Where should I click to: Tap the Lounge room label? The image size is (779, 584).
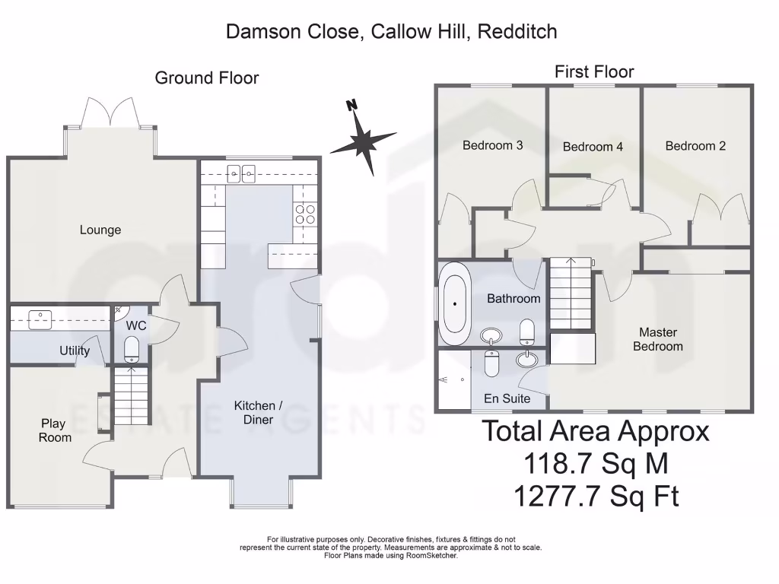pos(100,230)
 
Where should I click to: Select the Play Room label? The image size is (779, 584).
pos(53,430)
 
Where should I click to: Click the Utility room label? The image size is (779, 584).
pos(75,351)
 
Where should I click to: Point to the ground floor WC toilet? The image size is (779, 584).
pos(131,349)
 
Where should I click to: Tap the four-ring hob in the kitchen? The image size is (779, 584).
pos(305,214)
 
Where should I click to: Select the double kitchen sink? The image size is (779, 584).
pos(240,173)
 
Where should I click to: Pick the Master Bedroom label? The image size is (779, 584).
pos(658,339)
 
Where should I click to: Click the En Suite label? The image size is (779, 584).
pos(507,398)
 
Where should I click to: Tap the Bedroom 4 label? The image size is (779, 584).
pos(593,147)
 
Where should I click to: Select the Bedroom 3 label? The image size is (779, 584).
pos(492,145)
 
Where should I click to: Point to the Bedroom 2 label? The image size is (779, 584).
pos(695,146)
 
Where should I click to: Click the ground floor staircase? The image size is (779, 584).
pos(130,396)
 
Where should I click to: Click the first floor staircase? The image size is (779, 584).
pos(571,292)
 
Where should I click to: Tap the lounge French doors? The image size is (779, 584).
pos(111,113)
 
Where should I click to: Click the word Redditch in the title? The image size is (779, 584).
pos(518,31)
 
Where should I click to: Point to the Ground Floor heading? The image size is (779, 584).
pos(207,78)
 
